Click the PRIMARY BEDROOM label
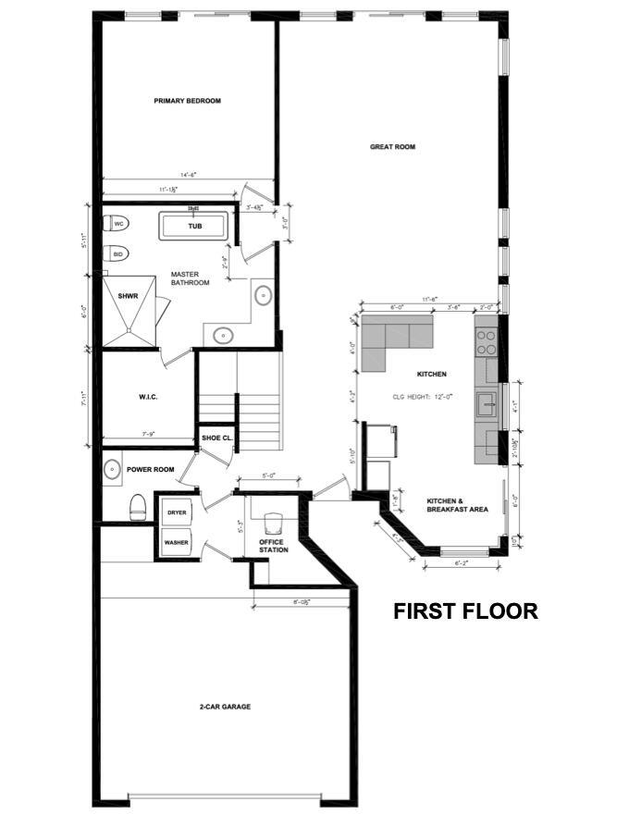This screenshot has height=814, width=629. pos(188,101)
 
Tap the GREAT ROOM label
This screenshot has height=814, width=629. pos(392,146)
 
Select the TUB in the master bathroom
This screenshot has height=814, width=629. pos(194,227)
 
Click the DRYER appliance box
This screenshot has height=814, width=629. pos(176,512)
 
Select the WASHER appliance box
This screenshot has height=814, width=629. pos(176,542)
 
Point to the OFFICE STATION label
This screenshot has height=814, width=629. pos(273,546)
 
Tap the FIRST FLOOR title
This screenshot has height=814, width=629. pos(465,611)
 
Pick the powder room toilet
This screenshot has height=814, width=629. pos(138,505)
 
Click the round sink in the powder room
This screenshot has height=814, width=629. pos(112,469)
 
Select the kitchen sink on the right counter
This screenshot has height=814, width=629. pos(486,404)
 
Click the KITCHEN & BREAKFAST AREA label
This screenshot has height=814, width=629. pos(456,504)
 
